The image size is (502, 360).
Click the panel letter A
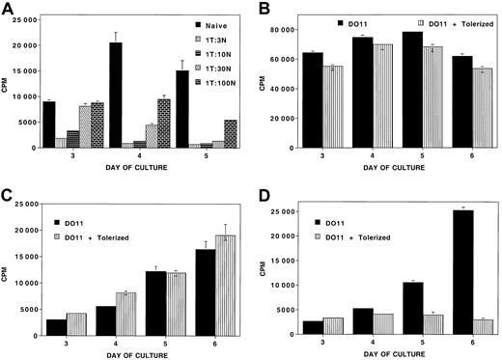[9, 8]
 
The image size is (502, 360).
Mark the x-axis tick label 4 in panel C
[109, 344]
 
